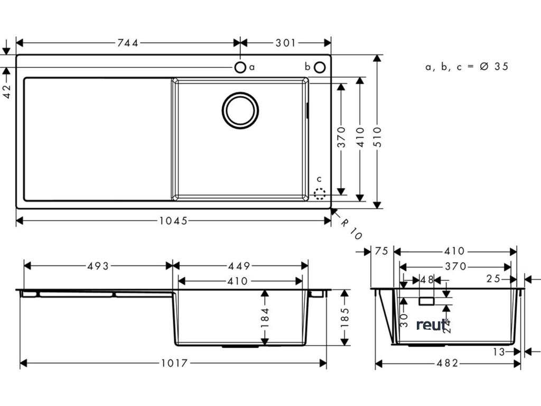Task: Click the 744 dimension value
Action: point(128,43)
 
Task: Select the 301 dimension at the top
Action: point(285,43)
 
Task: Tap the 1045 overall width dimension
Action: point(173,221)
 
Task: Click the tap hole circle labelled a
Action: point(240,67)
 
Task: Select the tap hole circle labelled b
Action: point(320,67)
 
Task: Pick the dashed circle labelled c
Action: point(320,194)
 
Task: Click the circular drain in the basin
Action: point(240,110)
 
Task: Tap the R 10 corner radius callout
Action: point(350,229)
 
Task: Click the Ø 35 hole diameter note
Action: point(467,67)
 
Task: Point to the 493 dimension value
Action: point(98,266)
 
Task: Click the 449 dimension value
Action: point(239,266)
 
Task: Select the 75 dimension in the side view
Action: point(381,252)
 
